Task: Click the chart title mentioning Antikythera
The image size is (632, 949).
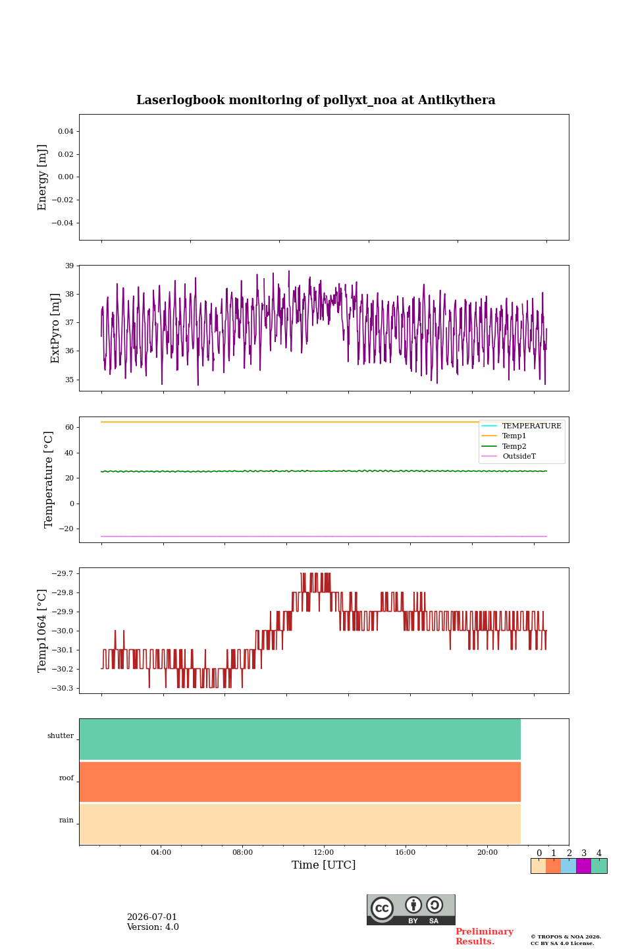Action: coord(315,100)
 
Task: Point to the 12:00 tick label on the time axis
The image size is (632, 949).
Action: coord(323,852)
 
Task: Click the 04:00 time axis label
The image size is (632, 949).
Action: coord(161,852)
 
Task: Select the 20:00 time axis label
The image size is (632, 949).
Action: coord(487,852)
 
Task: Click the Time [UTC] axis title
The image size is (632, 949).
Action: coord(323,865)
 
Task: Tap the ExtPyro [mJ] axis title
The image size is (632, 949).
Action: coord(55,328)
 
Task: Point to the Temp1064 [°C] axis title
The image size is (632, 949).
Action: coord(41,631)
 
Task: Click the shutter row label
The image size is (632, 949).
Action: coord(61,735)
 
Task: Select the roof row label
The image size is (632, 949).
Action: coord(66,778)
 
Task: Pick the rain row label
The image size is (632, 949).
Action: coord(66,820)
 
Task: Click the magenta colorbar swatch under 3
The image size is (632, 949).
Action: coord(583,866)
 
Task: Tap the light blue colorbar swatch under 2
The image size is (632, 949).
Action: coord(569,866)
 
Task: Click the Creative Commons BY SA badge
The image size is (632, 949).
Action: coord(411,909)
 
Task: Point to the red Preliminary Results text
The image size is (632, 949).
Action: coord(485,936)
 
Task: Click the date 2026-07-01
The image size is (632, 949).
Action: coord(152,917)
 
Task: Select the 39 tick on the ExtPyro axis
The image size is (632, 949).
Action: coord(69,266)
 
